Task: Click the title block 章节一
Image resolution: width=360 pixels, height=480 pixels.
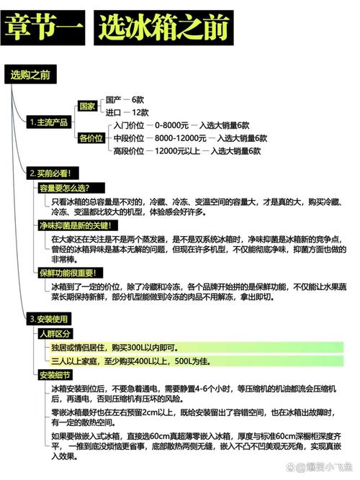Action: [43, 28]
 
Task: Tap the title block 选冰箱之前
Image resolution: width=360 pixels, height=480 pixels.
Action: [163, 28]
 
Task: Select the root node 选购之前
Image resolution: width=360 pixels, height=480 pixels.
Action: [30, 74]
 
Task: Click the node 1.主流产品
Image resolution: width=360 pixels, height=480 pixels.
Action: [49, 122]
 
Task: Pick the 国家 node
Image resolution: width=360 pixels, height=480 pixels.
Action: [87, 107]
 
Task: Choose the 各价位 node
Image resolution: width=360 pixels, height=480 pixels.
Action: [91, 138]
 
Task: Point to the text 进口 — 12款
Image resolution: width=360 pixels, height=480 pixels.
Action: [127, 113]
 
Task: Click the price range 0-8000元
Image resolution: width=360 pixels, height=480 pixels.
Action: [171, 125]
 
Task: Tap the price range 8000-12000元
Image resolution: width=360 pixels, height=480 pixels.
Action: [181, 138]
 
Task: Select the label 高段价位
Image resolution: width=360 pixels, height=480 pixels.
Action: [129, 151]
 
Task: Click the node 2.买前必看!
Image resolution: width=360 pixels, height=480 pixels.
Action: [53, 173]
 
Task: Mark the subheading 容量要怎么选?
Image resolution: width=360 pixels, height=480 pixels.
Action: [71, 188]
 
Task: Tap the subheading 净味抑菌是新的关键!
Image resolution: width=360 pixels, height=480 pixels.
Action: [78, 226]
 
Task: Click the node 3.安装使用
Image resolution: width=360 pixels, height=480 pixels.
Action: [49, 320]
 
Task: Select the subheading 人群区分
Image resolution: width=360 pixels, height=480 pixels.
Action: [55, 334]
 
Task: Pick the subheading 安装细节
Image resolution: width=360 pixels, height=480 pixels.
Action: [55, 375]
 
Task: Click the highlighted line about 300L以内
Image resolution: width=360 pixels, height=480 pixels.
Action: [197, 348]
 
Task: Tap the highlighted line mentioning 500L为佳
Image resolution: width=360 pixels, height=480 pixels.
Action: [197, 361]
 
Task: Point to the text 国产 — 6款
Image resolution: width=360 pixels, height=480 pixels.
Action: [125, 100]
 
